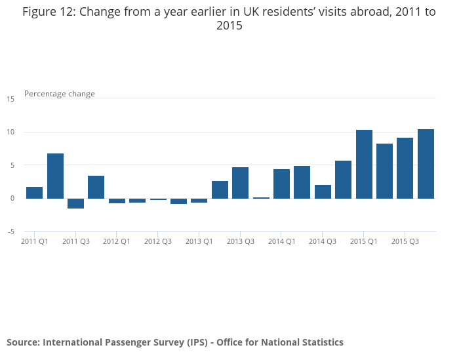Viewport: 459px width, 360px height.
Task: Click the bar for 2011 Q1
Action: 35,193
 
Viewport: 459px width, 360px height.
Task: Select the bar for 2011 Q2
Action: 55,176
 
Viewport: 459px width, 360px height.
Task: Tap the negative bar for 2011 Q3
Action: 75,203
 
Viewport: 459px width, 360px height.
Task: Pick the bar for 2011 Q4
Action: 96,187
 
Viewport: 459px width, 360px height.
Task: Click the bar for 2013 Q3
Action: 240,183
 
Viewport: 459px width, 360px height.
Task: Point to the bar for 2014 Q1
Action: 281,184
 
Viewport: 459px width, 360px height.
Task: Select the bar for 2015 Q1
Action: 364,164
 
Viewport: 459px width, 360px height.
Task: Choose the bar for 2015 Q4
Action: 426,164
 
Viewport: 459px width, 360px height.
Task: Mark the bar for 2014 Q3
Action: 323,191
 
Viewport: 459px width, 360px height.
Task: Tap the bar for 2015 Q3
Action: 405,168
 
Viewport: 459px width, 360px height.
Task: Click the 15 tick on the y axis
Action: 10,99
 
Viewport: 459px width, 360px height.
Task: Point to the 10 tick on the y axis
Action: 10,132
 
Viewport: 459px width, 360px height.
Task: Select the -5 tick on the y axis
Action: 10,231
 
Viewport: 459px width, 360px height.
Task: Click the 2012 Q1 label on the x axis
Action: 117,241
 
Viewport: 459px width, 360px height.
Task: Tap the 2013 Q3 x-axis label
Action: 240,241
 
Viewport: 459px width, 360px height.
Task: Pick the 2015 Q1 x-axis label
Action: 364,241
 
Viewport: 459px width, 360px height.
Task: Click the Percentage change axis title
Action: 60,94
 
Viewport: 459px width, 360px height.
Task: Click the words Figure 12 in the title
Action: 48,12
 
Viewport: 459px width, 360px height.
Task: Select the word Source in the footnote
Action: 23,342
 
